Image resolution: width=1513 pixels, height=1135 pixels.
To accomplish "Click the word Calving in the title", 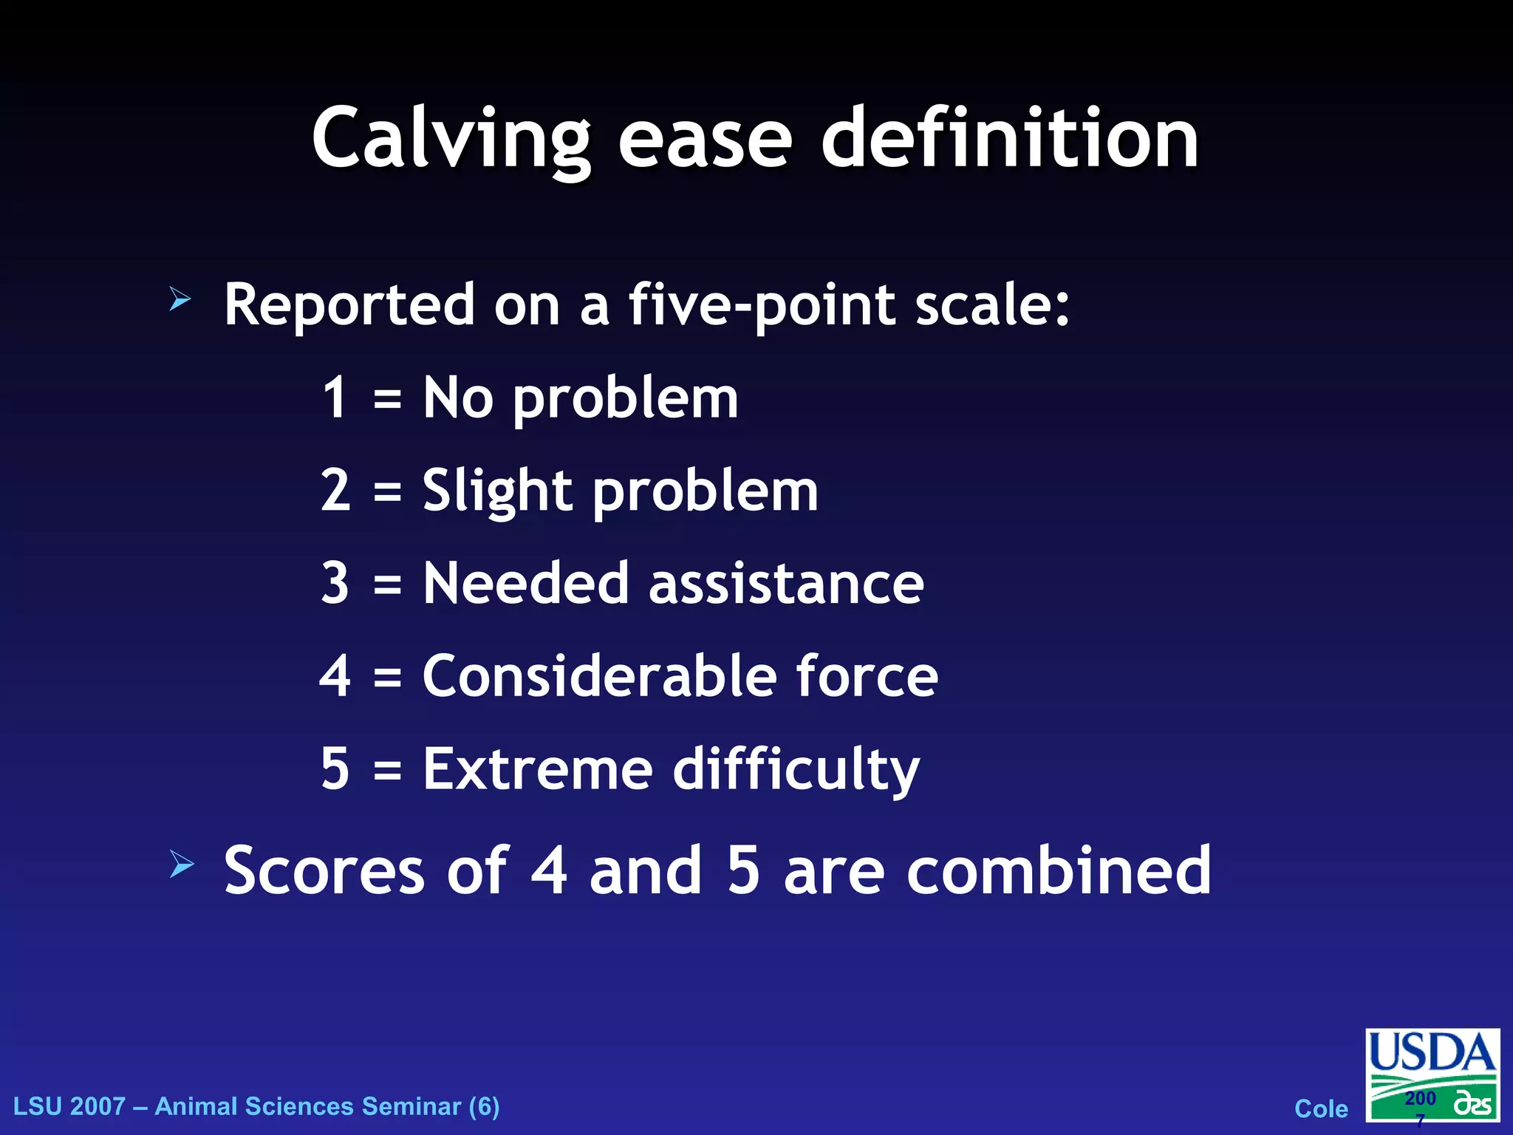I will tap(451, 139).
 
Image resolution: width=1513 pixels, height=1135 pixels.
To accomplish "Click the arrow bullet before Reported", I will tap(180, 299).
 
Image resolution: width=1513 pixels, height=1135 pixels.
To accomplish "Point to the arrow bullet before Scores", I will tap(181, 864).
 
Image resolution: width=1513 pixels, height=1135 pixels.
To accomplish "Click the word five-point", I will tap(761, 304).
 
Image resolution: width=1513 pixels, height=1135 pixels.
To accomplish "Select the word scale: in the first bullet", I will tap(992, 304).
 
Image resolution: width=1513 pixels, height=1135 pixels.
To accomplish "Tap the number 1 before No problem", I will tap(335, 398).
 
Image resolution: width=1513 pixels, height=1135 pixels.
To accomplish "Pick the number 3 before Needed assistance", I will tap(335, 583).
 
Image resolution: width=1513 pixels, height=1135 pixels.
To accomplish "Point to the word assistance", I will tap(786, 583).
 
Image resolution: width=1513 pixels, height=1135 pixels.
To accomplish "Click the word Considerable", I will tap(599, 675).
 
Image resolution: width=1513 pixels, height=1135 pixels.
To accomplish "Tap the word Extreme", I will tap(538, 768).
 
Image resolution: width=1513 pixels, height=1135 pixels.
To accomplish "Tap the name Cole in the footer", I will tap(1321, 1108).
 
